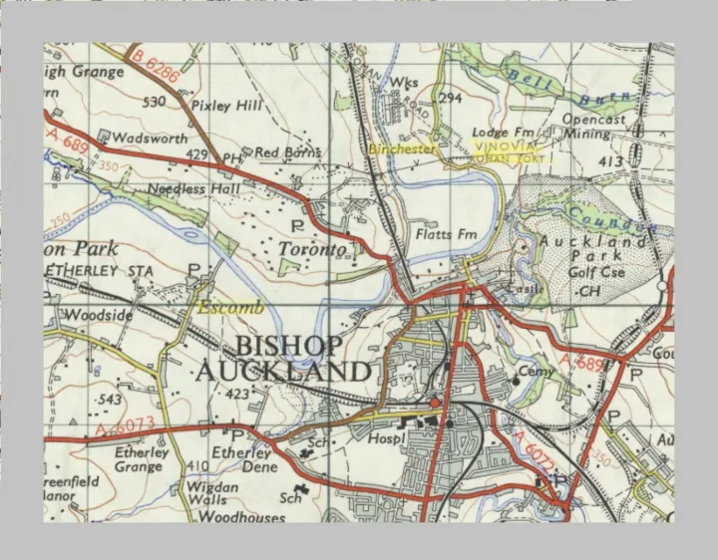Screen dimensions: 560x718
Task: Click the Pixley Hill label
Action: point(225,105)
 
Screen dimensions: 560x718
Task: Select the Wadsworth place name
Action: point(149,139)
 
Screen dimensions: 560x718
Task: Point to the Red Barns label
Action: point(288,152)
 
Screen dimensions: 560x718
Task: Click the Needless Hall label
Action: point(194,187)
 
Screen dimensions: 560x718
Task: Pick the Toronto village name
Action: point(312,248)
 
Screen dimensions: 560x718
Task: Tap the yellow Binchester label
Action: point(402,148)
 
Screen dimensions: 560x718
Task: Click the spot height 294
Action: point(451,98)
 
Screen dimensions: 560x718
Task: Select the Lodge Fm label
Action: point(504,133)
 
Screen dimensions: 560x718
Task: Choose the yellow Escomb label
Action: point(230,308)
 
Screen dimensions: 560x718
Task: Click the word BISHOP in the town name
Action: point(289,346)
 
